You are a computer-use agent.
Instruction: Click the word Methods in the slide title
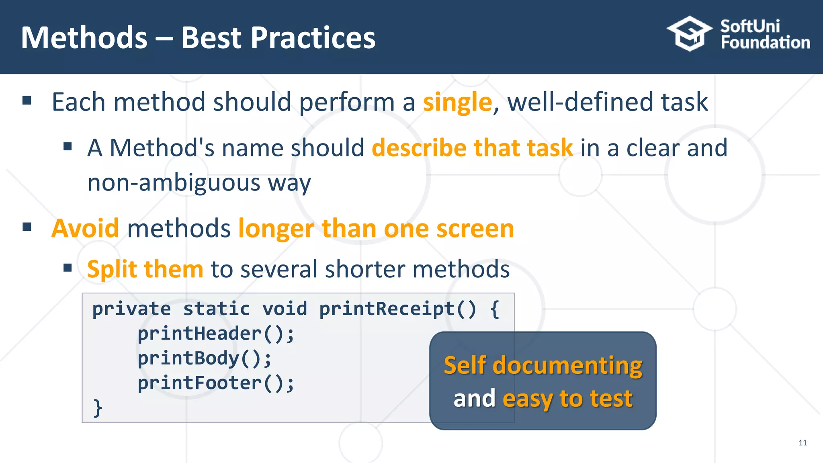point(84,38)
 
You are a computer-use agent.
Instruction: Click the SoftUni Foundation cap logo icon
point(690,34)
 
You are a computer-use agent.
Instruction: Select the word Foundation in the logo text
point(765,43)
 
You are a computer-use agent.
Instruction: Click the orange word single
point(457,102)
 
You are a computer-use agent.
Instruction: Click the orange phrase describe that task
point(472,148)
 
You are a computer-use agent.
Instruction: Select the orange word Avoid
point(85,228)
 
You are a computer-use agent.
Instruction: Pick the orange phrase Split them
point(145,269)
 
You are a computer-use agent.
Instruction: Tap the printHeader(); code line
point(216,334)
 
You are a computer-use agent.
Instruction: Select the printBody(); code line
point(205,359)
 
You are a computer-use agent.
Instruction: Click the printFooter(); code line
point(216,383)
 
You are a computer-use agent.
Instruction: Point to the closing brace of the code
point(98,408)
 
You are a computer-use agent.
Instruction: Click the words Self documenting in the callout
point(543,366)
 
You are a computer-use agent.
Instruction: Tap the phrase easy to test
point(567,399)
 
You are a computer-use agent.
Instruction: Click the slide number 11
point(803,443)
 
